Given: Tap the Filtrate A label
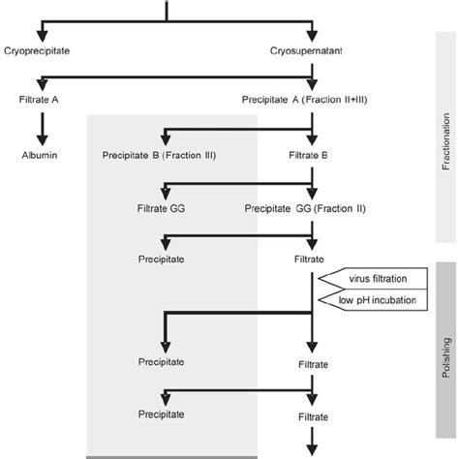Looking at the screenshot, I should point(42,100).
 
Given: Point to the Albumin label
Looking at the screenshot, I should point(42,154).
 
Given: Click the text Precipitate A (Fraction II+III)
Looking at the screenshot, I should point(310,100).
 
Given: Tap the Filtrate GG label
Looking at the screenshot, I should point(161,206).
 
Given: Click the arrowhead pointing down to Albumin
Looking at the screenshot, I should point(42,137).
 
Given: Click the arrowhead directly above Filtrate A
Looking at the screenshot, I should point(42,84).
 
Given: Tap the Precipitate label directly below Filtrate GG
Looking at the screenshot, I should point(161,259).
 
